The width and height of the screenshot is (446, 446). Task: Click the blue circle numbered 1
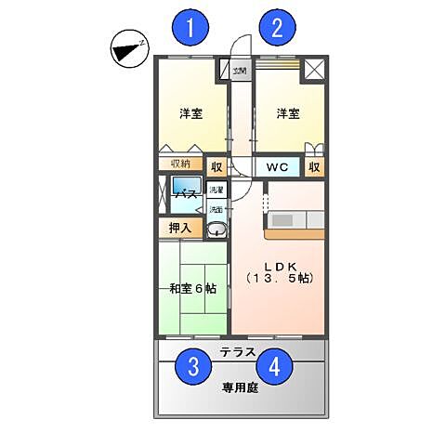coord(190,28)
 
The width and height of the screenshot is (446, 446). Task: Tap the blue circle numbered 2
coord(276,28)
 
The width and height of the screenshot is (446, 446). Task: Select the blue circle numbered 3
coord(193,367)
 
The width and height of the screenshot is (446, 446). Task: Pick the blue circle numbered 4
coord(273,367)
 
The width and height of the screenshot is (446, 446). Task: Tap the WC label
coord(277,168)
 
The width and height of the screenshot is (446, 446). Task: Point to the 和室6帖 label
coord(192,289)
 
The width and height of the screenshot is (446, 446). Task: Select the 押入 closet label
coord(179,227)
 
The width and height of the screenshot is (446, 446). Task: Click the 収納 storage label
coord(179,164)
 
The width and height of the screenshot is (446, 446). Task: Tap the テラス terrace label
coord(239,352)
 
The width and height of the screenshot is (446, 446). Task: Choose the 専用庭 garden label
coord(239,387)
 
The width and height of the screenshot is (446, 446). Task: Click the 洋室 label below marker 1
coord(191,114)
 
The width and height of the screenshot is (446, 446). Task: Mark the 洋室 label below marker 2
coord(287,114)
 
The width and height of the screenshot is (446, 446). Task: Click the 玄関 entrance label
coord(240,70)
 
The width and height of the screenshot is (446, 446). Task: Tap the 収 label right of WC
coord(315,168)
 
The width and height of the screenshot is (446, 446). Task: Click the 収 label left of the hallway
coord(216,168)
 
